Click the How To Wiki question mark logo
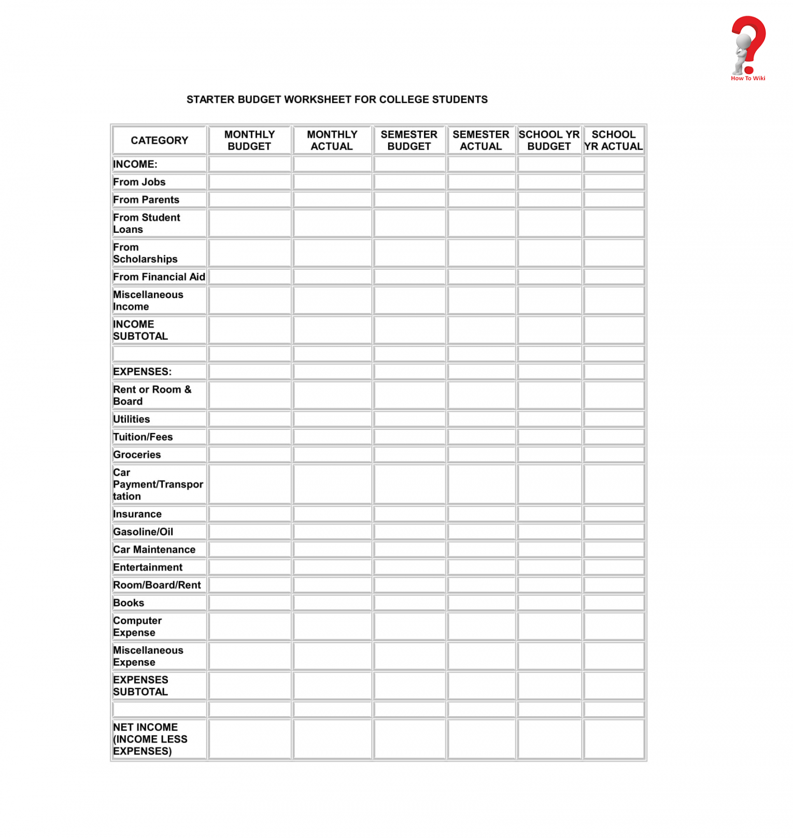coord(748,47)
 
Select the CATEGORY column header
coord(159,141)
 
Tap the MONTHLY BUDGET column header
coord(249,141)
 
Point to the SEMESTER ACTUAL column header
coord(480,141)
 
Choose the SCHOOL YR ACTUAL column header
coord(613,141)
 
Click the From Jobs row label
coord(139,182)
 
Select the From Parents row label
coord(146,200)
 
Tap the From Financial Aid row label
coord(159,277)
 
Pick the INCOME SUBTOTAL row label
coord(140,330)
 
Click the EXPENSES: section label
coord(142,372)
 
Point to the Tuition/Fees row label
coord(143,437)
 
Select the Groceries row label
coord(137,455)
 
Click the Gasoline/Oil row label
coord(143,532)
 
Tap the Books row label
coord(129,603)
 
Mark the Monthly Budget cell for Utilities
coord(250,419)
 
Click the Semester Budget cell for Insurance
coord(409,514)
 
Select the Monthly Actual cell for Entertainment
coord(332,567)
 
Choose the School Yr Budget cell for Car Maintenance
coord(549,550)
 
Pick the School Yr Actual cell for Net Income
coord(614,739)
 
